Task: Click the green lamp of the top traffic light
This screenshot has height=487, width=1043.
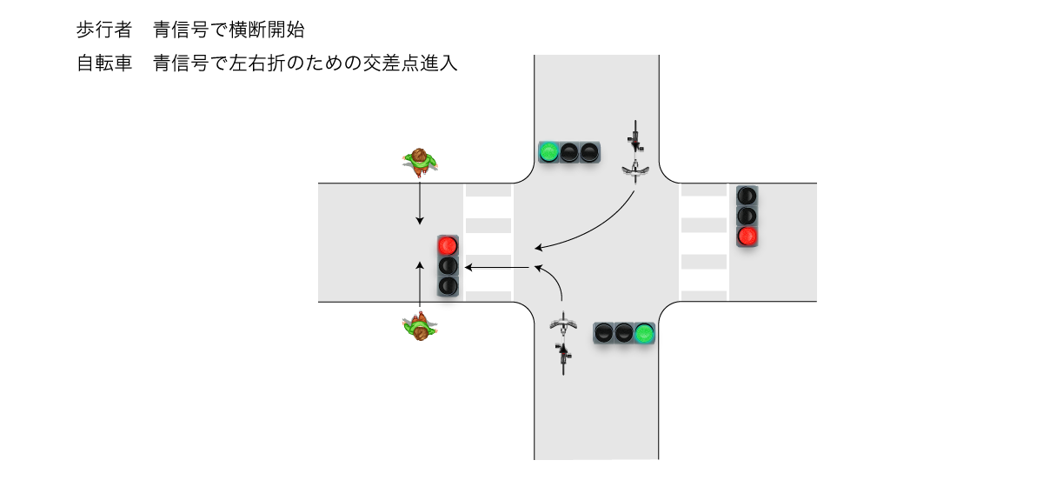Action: [548, 153]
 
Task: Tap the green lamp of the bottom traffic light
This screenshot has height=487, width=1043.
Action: [644, 332]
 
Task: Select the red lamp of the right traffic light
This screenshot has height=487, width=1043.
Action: [747, 236]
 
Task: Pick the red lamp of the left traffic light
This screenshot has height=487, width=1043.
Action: [448, 246]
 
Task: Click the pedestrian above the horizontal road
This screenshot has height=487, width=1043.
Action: [420, 160]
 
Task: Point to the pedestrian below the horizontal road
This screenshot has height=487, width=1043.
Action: [421, 329]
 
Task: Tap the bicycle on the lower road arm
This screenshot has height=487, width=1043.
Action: [564, 341]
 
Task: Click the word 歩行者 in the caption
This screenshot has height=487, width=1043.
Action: [103, 30]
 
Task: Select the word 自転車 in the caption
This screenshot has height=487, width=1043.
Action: [103, 63]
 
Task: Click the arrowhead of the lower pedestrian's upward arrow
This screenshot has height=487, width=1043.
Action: [420, 264]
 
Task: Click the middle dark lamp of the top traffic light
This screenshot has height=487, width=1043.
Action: [569, 153]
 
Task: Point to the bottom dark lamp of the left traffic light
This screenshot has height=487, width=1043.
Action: [448, 285]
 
